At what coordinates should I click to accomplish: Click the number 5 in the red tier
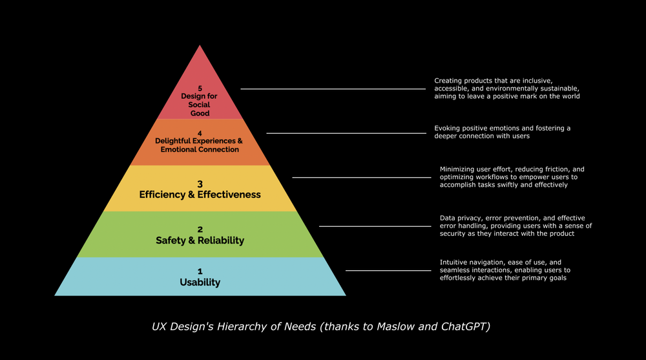pyautogui.click(x=200, y=88)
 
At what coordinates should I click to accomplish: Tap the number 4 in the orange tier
pyautogui.click(x=200, y=133)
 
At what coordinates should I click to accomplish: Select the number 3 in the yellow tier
pyautogui.click(x=200, y=184)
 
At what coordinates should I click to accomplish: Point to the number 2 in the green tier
pyautogui.click(x=200, y=229)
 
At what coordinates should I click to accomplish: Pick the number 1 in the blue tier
pyautogui.click(x=200, y=271)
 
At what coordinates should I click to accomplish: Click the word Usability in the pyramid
pyautogui.click(x=200, y=282)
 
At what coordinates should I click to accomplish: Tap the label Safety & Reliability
pyautogui.click(x=200, y=240)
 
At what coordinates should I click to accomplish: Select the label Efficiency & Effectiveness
pyautogui.click(x=200, y=195)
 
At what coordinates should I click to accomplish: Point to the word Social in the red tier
pyautogui.click(x=200, y=105)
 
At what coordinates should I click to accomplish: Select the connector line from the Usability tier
pyautogui.click(x=388, y=270)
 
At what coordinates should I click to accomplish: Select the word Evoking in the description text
pyautogui.click(x=448, y=128)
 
